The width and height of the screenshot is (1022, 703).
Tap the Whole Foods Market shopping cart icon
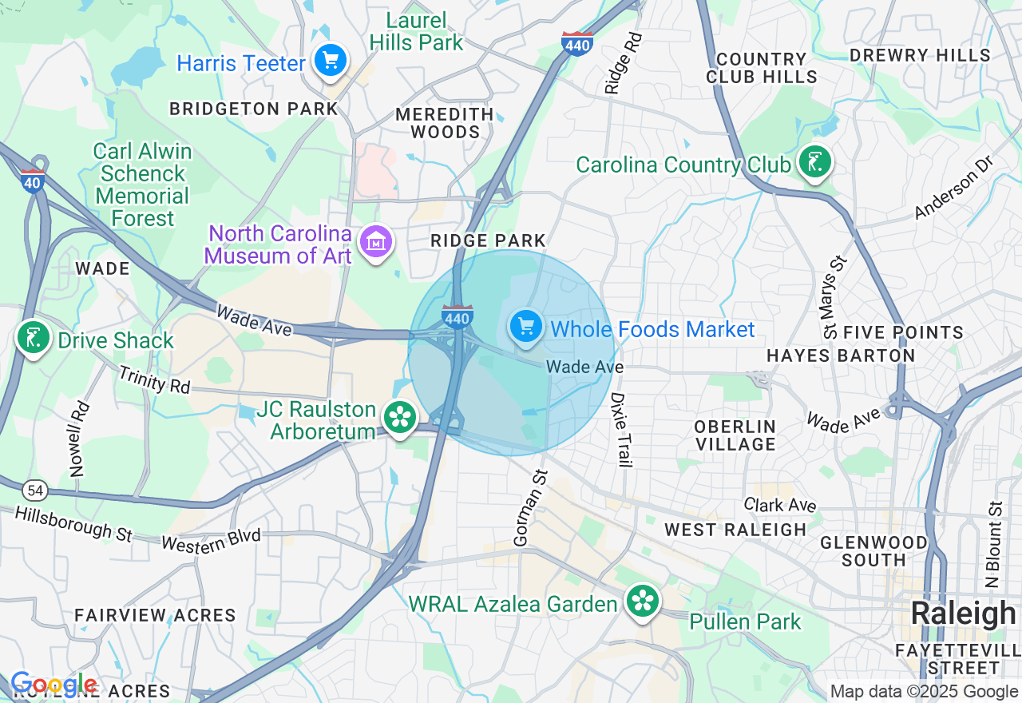click(526, 327)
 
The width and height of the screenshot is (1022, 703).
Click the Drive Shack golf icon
click(33, 338)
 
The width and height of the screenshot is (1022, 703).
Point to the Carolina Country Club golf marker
click(814, 162)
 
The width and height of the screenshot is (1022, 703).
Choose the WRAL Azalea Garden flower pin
click(642, 601)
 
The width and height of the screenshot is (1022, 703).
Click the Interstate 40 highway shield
click(33, 181)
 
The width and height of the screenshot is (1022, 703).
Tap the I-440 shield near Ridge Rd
click(576, 44)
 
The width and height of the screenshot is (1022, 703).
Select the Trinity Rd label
click(155, 379)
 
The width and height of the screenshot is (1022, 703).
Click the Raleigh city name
click(963, 614)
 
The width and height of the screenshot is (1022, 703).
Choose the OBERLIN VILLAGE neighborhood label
click(735, 435)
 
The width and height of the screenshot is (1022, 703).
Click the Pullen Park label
click(744, 622)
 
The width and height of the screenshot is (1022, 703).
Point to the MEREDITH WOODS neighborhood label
click(445, 123)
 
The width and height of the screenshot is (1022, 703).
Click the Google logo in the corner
click(53, 684)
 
